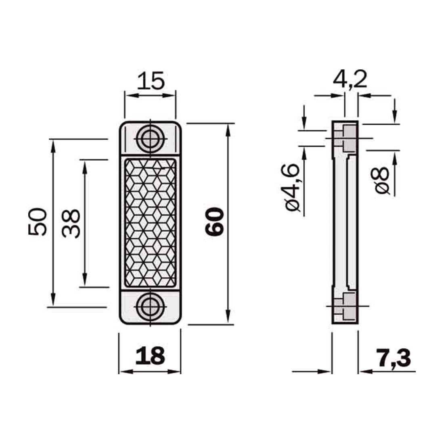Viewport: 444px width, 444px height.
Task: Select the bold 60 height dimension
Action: (214, 222)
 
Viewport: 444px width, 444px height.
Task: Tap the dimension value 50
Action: (38, 222)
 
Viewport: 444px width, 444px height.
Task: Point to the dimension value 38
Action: (71, 224)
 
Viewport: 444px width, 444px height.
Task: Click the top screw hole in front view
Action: (150, 139)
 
